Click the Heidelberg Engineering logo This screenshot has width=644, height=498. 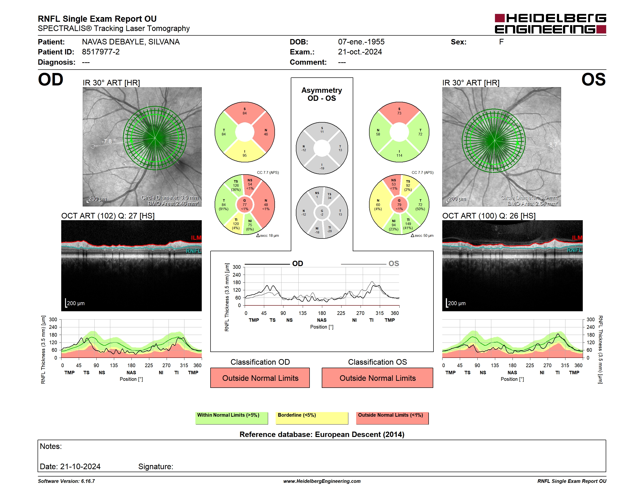pyautogui.click(x=550, y=24)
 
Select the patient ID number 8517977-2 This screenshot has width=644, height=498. pyautogui.click(x=101, y=52)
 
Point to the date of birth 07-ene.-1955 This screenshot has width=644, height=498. pyautogui.click(x=361, y=42)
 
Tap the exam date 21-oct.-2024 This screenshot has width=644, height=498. pyautogui.click(x=360, y=52)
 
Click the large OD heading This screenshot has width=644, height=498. pyautogui.click(x=51, y=79)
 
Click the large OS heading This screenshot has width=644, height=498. pyautogui.click(x=593, y=79)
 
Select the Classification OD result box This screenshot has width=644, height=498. pyautogui.click(x=260, y=378)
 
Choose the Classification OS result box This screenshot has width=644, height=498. pyautogui.click(x=377, y=378)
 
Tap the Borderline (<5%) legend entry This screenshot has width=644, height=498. pyautogui.click(x=312, y=418)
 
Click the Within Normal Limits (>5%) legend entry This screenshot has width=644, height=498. pyautogui.click(x=232, y=418)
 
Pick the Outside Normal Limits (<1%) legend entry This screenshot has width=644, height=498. pyautogui.click(x=392, y=418)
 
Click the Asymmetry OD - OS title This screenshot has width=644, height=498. pyautogui.click(x=322, y=94)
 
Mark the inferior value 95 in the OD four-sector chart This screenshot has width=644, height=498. pyautogui.click(x=245, y=156)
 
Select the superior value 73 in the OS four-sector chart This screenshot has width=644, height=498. pyautogui.click(x=399, y=113)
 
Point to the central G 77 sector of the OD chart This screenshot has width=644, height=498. pyautogui.click(x=245, y=205)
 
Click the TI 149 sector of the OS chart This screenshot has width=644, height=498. pyautogui.click(x=408, y=224)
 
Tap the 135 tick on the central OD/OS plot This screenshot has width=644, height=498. pyautogui.click(x=302, y=313)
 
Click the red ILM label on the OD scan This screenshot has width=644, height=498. pyautogui.click(x=196, y=238)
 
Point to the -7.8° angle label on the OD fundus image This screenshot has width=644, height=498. pyautogui.click(x=109, y=141)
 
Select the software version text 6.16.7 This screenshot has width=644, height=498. pyautogui.click(x=88, y=481)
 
